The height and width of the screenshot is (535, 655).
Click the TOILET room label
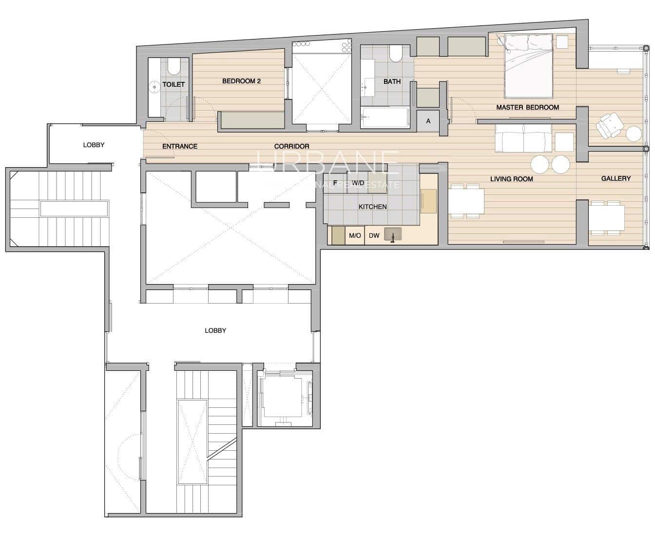tap(173, 84)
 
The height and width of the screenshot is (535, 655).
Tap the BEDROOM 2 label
tap(241, 81)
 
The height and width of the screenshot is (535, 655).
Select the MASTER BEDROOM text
tap(527, 107)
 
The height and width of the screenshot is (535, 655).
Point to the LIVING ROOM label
tap(511, 179)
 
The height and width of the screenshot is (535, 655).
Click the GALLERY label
tap(616, 178)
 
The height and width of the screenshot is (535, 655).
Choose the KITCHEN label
tap(372, 207)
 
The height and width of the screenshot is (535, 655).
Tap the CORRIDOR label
tap(291, 146)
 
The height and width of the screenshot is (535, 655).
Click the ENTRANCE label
tap(179, 146)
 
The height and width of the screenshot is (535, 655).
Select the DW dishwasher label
tap(374, 236)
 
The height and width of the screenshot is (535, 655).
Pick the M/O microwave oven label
tap(355, 236)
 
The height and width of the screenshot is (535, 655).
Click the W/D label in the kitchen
tap(358, 183)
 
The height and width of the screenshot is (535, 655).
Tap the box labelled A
tap(428, 121)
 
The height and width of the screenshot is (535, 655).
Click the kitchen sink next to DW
tap(393, 235)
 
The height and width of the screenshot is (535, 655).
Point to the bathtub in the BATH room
tap(385, 117)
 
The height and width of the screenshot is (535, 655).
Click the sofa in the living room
tap(523, 137)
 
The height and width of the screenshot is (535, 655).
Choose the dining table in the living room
tap(466, 201)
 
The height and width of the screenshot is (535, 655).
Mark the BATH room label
tap(392, 81)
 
